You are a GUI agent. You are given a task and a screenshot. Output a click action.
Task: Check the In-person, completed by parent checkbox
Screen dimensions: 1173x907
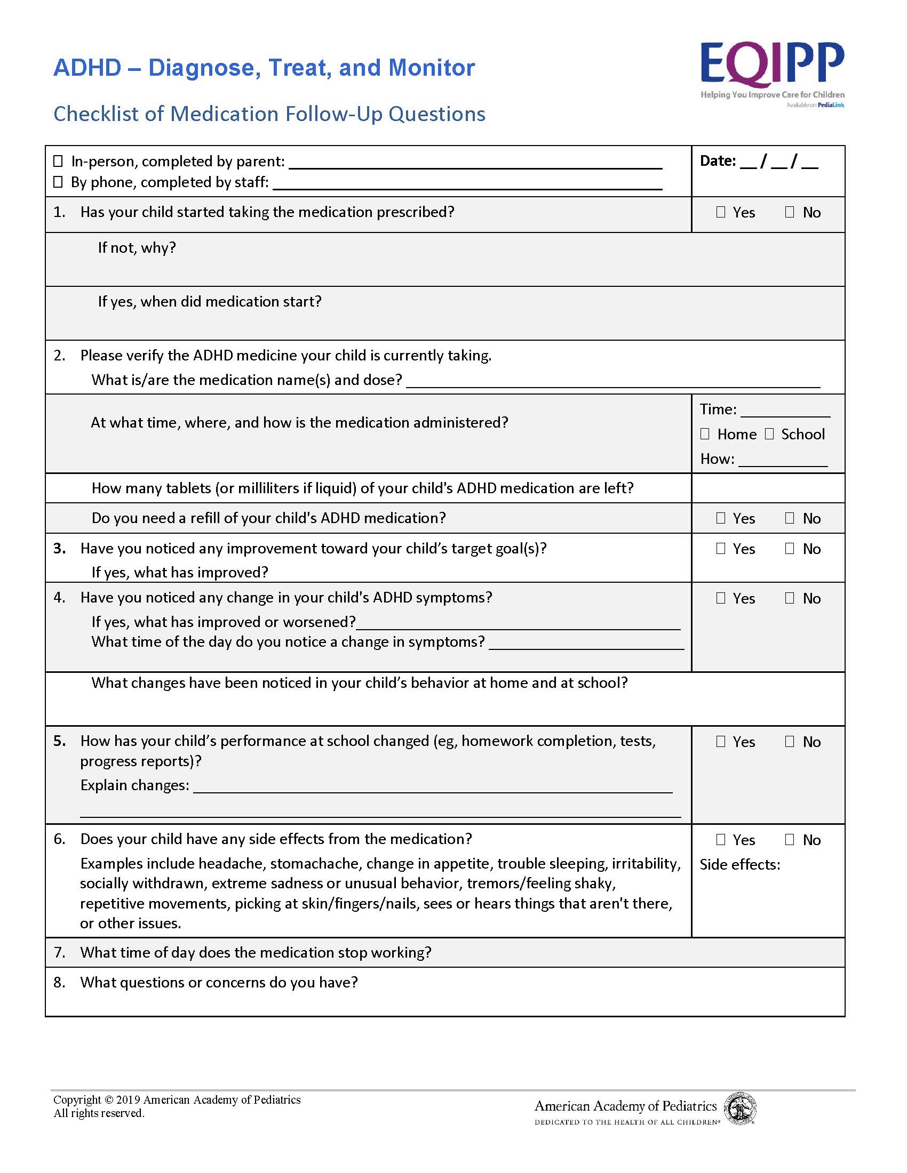click(x=58, y=161)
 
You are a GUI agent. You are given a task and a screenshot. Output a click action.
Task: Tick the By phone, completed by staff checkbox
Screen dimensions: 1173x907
click(x=58, y=182)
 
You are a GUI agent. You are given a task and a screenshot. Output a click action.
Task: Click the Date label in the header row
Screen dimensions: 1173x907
click(x=717, y=160)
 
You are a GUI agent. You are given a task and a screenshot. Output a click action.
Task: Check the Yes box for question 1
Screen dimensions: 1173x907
click(x=721, y=212)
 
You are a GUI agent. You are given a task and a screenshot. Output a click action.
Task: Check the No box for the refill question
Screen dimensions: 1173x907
click(x=789, y=518)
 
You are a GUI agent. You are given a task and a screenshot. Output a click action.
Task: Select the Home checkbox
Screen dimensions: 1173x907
click(x=705, y=434)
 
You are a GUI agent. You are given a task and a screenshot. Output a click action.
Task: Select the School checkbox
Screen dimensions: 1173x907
click(x=769, y=434)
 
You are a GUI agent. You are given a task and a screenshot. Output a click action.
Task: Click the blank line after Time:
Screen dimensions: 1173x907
click(x=785, y=413)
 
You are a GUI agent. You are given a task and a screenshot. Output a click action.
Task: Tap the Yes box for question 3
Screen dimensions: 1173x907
click(x=721, y=548)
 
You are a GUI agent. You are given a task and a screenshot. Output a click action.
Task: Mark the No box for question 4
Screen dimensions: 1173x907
click(x=789, y=598)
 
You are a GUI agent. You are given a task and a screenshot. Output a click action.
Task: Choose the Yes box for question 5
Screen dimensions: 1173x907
click(x=721, y=741)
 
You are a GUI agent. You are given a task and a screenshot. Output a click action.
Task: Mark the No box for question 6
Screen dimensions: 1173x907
click(x=789, y=839)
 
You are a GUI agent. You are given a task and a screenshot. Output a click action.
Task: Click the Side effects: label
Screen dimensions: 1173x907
click(x=739, y=865)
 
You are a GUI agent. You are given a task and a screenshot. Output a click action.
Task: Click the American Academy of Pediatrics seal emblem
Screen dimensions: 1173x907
click(x=741, y=1109)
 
